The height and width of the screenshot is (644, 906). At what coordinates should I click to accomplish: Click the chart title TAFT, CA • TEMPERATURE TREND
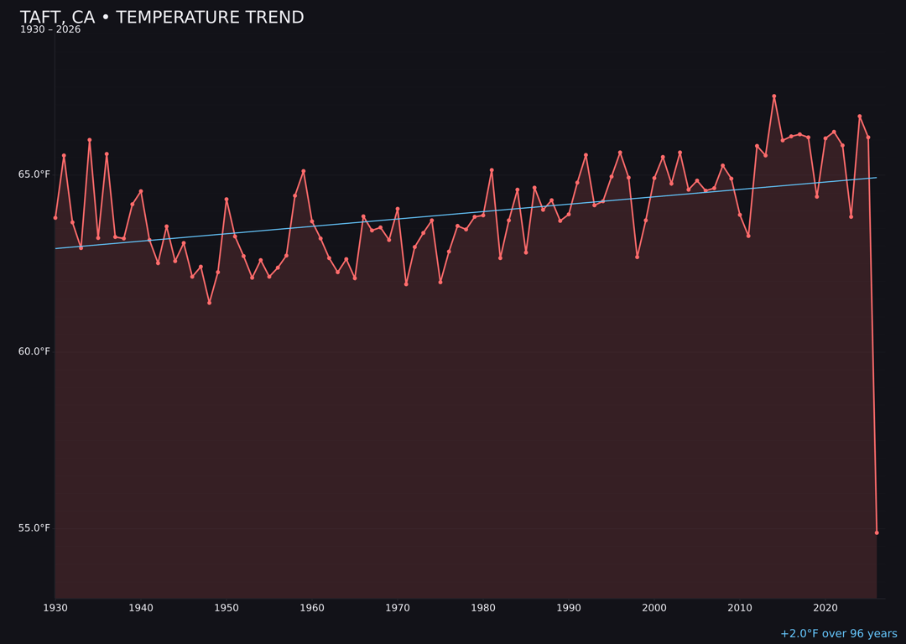pos(162,18)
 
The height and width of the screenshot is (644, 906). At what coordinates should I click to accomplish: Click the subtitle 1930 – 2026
pos(50,30)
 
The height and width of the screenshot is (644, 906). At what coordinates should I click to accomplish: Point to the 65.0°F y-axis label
pos(34,174)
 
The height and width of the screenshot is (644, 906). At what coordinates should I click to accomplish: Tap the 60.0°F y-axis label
pos(34,351)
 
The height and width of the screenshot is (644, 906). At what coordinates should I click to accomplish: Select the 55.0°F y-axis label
pos(34,528)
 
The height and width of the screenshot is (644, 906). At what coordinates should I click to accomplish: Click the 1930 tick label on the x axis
pos(55,608)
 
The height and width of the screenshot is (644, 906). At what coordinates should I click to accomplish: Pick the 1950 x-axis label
pos(226,608)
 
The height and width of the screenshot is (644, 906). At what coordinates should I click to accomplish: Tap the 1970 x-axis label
pos(398,608)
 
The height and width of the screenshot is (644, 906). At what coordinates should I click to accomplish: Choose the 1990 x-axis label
pos(569,608)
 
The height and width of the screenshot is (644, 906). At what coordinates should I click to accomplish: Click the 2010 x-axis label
pos(740,608)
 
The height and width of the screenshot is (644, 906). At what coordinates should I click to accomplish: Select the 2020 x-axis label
pos(825,608)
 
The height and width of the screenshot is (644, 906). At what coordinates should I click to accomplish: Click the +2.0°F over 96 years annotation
pos(838,634)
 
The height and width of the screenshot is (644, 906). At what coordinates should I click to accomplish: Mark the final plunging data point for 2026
pos(877,532)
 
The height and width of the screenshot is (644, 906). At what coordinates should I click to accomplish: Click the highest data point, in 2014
pos(774,96)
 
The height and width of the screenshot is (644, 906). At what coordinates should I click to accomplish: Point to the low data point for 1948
pos(209,303)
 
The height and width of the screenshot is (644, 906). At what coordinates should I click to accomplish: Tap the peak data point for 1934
pos(90,140)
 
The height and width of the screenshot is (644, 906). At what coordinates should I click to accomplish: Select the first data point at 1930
pos(55,218)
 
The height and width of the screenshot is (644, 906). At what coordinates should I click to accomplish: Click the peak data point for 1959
pos(304,171)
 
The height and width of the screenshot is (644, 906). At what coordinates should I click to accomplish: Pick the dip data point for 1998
pos(637,257)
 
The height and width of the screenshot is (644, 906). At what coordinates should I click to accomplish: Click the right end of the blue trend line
pos(877,178)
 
